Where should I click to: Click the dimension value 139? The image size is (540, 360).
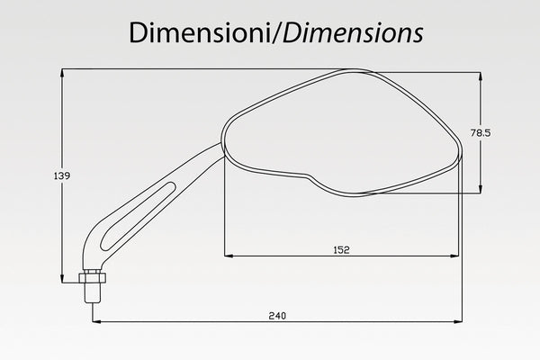point(62,175)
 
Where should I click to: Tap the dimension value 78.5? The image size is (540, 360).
point(481,133)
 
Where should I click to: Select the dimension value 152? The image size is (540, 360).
point(341,250)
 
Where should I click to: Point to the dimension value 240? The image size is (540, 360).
point(277,316)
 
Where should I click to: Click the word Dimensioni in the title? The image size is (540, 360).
point(200,32)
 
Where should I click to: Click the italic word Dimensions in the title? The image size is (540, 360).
point(353,32)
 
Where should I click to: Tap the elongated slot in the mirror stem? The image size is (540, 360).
point(138,216)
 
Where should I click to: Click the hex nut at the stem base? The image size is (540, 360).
point(92,277)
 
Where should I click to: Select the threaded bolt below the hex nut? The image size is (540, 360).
point(93,293)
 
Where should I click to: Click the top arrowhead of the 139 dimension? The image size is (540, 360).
point(62,73)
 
